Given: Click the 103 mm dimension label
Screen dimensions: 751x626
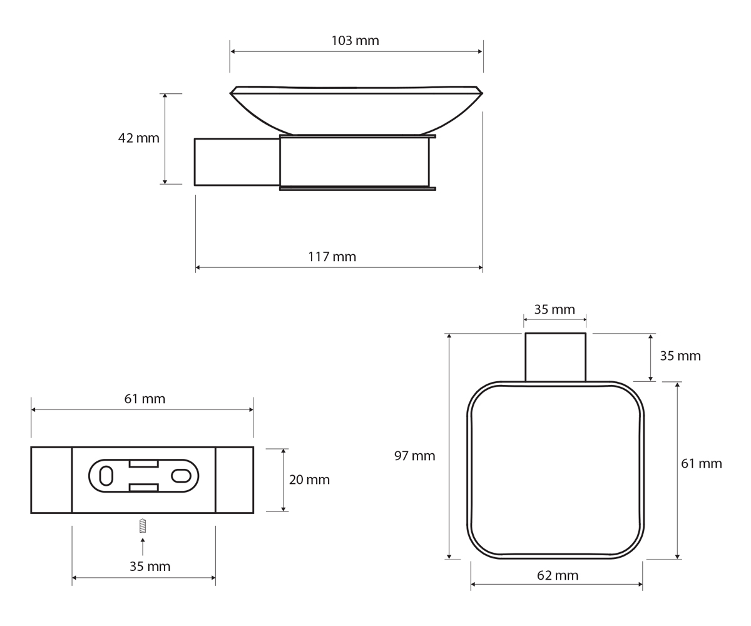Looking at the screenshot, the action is pyautogui.click(x=355, y=41).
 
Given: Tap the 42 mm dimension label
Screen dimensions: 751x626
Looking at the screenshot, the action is pyautogui.click(x=139, y=138).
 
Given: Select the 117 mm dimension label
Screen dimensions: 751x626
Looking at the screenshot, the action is pyautogui.click(x=332, y=257).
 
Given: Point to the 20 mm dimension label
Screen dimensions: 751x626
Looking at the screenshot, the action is pyautogui.click(x=309, y=480).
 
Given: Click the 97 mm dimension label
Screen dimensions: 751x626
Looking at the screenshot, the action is pyautogui.click(x=415, y=456).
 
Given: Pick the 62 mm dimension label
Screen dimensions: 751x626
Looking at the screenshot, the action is pyautogui.click(x=558, y=575).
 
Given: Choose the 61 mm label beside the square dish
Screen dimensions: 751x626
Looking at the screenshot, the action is pyautogui.click(x=702, y=463).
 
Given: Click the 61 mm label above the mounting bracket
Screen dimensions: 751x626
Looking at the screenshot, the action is pyautogui.click(x=145, y=399).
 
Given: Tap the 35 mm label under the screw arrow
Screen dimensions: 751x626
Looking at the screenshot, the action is pyautogui.click(x=150, y=567).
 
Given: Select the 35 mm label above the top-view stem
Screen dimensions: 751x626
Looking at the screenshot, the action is pyautogui.click(x=554, y=309).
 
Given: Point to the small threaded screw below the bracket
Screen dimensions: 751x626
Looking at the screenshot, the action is pyautogui.click(x=143, y=526).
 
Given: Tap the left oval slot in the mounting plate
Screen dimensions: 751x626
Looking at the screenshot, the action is pyautogui.click(x=106, y=476).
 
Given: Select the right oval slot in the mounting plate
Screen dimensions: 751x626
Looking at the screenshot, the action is pyautogui.click(x=181, y=476).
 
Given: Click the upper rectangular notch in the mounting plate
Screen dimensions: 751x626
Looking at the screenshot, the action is pyautogui.click(x=144, y=464).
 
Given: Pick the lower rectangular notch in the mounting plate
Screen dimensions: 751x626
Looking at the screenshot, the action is pyautogui.click(x=144, y=488).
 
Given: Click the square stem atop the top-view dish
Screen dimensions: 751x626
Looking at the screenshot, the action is pyautogui.click(x=555, y=357).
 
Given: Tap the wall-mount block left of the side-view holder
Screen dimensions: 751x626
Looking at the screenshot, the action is pyautogui.click(x=237, y=162).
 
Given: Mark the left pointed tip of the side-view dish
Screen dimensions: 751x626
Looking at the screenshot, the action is pyautogui.click(x=230, y=93).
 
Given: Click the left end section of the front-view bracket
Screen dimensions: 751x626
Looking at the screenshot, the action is pyautogui.click(x=51, y=480).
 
